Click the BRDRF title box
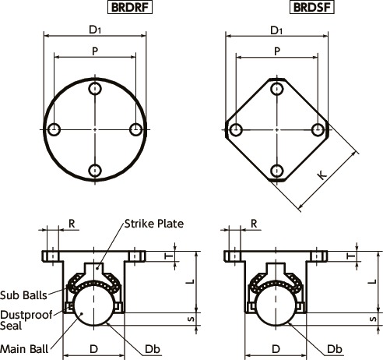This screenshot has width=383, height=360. pyautogui.click(x=130, y=7)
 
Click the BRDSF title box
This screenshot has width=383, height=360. pyautogui.click(x=312, y=7)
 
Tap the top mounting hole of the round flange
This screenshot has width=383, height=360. pyautogui.click(x=95, y=89)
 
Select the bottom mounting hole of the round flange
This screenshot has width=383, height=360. pyautogui.click(x=95, y=171)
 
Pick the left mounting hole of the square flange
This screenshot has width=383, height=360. pyautogui.click(x=236, y=129)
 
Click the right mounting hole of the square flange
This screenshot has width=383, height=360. pyautogui.click(x=318, y=129)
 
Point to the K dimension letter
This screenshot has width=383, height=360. pyautogui.click(x=322, y=175)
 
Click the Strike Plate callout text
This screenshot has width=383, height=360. pyautogui.click(x=154, y=224)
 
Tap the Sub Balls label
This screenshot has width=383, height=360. pyautogui.click(x=23, y=295)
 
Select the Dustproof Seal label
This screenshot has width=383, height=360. pyautogui.click(x=26, y=320)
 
